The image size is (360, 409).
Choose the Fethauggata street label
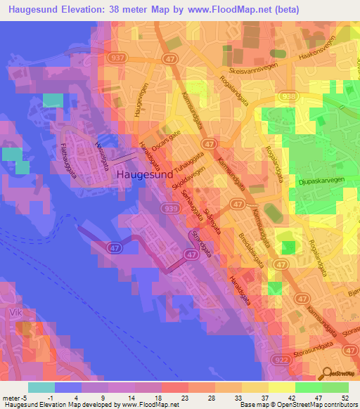click(69, 155)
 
